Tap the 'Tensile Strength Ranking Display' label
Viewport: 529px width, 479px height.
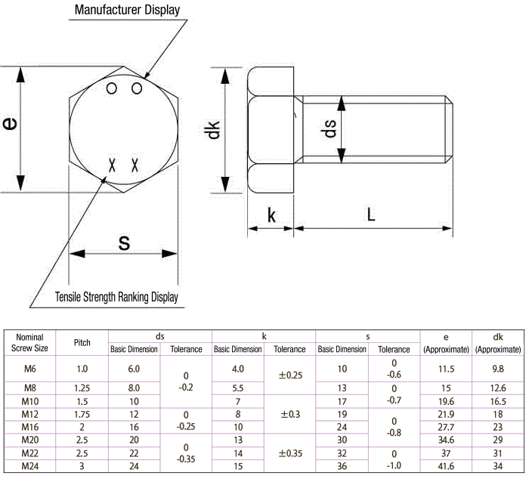(x=117, y=297)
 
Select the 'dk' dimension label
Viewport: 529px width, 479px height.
(x=212, y=129)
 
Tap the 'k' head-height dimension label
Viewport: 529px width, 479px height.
(x=271, y=216)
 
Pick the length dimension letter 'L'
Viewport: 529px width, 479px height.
(x=370, y=215)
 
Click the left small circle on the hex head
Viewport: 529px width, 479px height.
(x=112, y=89)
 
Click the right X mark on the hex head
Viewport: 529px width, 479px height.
(x=136, y=164)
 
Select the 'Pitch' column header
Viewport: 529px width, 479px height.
(x=82, y=343)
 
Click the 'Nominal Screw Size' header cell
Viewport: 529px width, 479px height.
(x=30, y=343)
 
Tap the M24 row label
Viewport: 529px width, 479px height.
(x=30, y=467)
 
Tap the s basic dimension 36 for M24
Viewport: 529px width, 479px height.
(x=342, y=467)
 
